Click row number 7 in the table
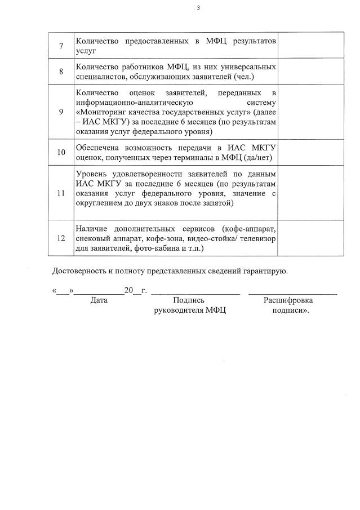61,46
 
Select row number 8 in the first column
61,72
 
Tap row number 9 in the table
61,112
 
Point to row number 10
61,152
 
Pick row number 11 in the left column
61,193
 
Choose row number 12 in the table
61,238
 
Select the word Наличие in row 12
91,228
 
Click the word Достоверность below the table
78,271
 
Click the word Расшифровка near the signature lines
288,300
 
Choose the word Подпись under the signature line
189,300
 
